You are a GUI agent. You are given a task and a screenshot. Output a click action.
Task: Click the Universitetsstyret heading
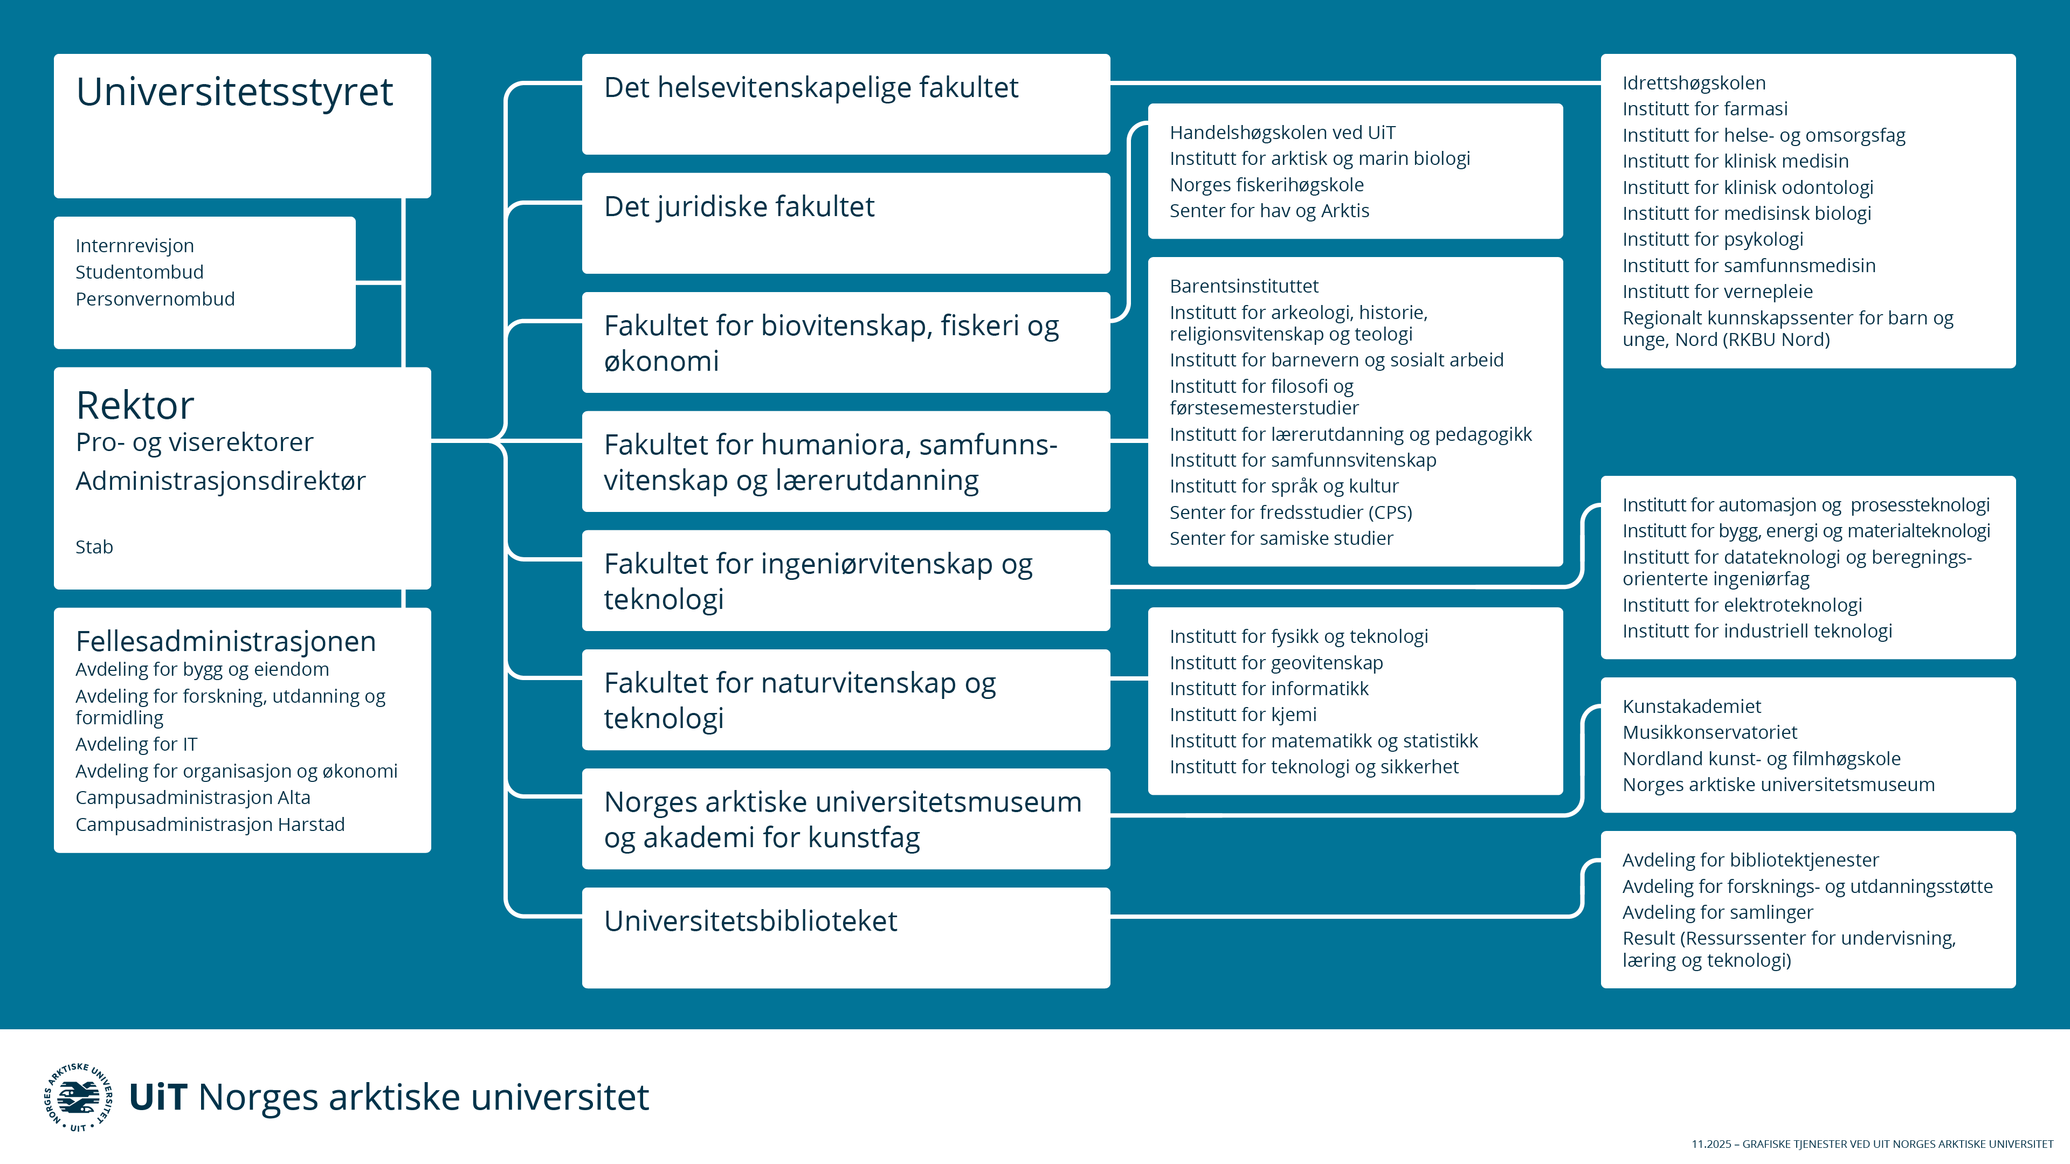click(x=234, y=92)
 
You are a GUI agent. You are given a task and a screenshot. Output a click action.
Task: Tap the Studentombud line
click(x=139, y=272)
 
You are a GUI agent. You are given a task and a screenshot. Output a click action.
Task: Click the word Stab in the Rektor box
click(x=94, y=547)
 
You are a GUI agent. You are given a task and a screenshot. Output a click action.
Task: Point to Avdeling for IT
click(x=136, y=745)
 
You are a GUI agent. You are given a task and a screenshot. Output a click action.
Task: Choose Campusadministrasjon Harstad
click(x=210, y=825)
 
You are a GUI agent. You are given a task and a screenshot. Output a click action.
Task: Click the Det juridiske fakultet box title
click(x=739, y=206)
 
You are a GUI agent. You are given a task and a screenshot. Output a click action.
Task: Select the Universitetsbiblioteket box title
click(x=750, y=920)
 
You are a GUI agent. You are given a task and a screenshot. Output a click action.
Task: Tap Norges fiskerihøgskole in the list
click(x=1266, y=185)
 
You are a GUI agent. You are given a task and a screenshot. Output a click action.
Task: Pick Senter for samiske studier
click(x=1281, y=538)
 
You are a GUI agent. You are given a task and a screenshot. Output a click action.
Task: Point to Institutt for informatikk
click(x=1269, y=689)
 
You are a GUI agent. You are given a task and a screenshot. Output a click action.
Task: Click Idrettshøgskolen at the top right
click(x=1694, y=83)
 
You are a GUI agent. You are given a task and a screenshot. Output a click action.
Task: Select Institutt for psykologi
click(x=1713, y=239)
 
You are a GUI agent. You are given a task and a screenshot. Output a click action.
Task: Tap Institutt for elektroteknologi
click(x=1741, y=605)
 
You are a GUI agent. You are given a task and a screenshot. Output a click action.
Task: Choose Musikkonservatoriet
click(x=1709, y=733)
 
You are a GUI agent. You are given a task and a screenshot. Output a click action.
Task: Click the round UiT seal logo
click(x=78, y=1097)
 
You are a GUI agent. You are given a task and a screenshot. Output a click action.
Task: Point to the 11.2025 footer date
click(x=1711, y=1144)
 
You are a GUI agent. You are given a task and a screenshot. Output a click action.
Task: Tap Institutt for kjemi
click(x=1243, y=715)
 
